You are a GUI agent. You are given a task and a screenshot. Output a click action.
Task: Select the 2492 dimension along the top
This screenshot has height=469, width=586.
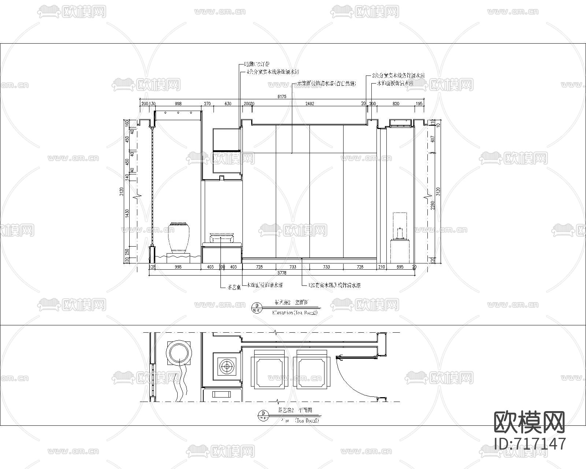tap(310, 104)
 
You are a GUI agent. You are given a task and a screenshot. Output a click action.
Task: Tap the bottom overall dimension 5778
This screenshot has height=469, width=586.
tap(282, 273)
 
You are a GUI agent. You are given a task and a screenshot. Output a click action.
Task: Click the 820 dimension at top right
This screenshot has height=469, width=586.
tap(396, 104)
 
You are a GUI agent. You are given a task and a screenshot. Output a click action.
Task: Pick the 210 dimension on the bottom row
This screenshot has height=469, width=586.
tap(381, 267)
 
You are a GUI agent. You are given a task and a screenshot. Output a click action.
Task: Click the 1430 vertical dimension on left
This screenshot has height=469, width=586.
tap(127, 213)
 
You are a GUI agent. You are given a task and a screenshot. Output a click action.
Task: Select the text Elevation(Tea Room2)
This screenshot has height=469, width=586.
tap(295, 313)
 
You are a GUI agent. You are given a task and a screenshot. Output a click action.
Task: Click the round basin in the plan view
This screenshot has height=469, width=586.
tap(179, 353)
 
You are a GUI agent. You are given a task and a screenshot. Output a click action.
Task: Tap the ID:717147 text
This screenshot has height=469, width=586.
tap(530, 444)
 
